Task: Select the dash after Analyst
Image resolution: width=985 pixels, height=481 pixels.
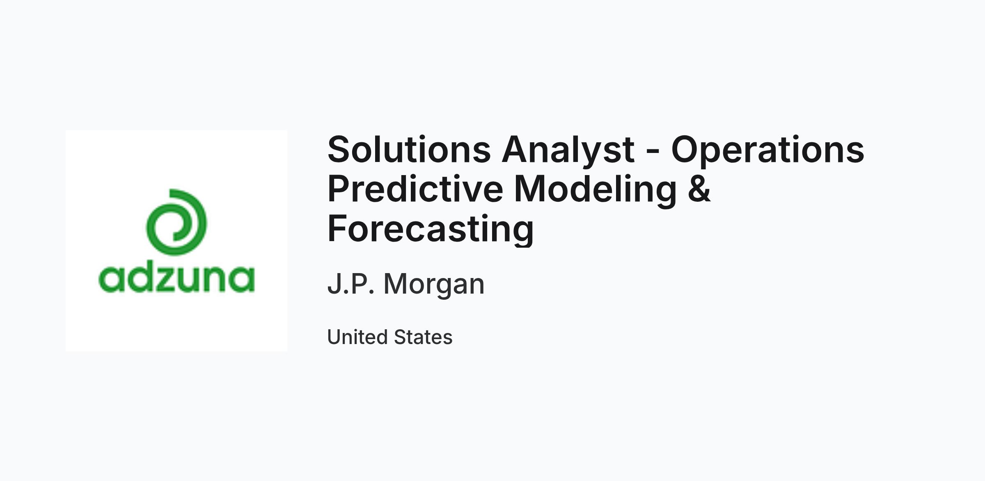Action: [x=653, y=152]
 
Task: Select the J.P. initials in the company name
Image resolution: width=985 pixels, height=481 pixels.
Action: [x=351, y=283]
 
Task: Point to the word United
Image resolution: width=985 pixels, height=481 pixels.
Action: [x=357, y=337]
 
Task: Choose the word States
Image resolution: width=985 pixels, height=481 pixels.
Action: [x=423, y=337]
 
